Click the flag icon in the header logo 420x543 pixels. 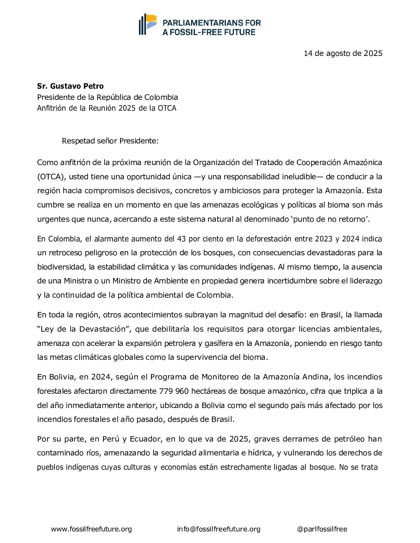[148, 24]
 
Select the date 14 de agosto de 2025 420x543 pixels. [343, 53]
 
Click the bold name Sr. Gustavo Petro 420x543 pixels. [70, 86]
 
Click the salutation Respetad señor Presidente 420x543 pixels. [110, 141]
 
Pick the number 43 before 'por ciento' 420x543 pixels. [181, 239]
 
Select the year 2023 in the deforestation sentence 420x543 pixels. [323, 239]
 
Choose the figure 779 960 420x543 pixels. [174, 391]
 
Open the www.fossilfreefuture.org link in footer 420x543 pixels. [91, 529]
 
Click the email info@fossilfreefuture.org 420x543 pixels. [218, 529]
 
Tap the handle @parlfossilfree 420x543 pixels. [322, 529]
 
